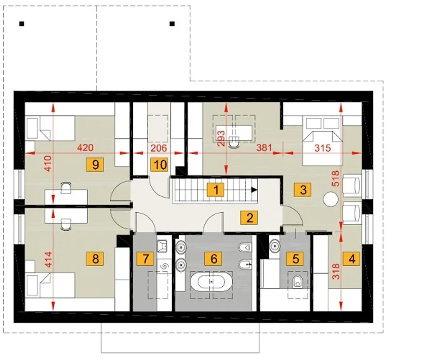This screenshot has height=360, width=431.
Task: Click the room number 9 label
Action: [x=95, y=165]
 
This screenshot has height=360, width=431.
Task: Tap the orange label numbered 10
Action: [x=159, y=165]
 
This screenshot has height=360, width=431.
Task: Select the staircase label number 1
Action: [x=216, y=190]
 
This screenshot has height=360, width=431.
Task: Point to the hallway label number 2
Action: [x=249, y=218]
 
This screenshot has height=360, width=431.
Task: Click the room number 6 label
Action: [x=213, y=258]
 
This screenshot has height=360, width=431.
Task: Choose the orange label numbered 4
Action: [x=351, y=258]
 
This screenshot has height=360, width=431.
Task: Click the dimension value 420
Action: [x=85, y=148]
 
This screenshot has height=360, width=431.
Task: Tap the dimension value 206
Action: [x=159, y=148]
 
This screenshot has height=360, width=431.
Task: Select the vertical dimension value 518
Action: [x=336, y=178]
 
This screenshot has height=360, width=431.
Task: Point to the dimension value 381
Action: [x=264, y=148]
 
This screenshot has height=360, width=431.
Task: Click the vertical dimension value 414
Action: [x=49, y=259]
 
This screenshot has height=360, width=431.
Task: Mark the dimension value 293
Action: [x=221, y=138]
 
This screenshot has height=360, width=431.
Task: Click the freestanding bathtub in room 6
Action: [x=211, y=282]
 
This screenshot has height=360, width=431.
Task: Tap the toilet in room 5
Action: [x=297, y=281]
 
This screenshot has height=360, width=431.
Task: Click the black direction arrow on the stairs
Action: [x=254, y=190]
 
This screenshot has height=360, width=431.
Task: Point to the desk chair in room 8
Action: [x=66, y=224]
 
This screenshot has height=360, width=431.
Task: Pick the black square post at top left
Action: [x=22, y=24]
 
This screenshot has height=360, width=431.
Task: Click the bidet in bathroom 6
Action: [x=245, y=264]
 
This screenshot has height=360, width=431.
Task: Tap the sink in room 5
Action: [x=275, y=246]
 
